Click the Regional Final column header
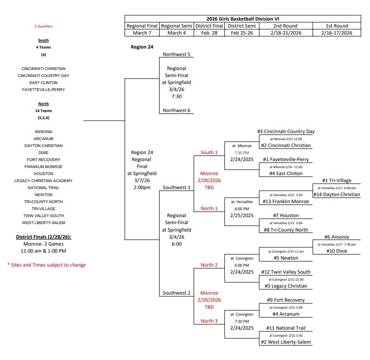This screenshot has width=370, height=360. [142, 26]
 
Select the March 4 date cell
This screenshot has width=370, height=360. [177, 33]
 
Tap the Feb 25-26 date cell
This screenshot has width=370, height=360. [241, 33]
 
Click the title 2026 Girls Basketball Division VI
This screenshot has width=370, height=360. [247, 19]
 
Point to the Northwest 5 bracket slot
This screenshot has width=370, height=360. [177, 54]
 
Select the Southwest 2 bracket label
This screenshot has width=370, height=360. [177, 293]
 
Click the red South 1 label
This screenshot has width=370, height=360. [209, 152]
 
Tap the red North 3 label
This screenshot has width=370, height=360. [209, 321]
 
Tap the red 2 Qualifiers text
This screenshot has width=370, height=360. [43, 27]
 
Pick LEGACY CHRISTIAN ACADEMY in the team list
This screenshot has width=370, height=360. [43, 181]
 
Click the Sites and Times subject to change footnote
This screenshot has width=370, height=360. [46, 265]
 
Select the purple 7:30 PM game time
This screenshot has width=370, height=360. [242, 152]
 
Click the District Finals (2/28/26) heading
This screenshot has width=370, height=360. [42, 237]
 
